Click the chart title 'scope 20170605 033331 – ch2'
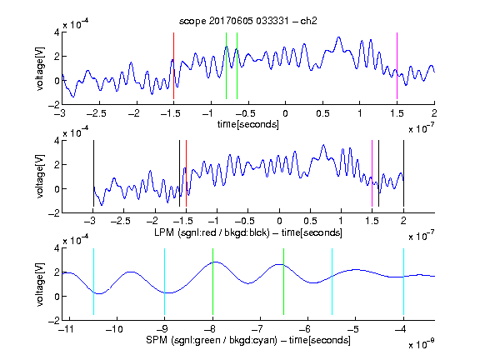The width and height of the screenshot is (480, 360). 248,21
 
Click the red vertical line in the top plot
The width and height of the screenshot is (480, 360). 173,66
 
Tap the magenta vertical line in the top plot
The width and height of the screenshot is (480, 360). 397,66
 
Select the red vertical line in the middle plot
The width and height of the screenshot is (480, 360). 186,173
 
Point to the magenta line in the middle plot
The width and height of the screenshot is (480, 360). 372,173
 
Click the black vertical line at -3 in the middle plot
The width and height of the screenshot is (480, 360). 93,173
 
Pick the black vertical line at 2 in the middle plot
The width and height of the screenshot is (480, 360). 403,173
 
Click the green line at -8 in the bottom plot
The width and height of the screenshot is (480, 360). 212,282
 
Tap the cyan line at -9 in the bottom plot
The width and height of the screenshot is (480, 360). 165,282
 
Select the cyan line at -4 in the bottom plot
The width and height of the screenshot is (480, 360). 403,282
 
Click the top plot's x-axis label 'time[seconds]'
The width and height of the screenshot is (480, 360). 248,124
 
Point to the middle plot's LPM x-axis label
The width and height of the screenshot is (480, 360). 248,232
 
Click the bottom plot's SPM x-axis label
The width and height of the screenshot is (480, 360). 248,340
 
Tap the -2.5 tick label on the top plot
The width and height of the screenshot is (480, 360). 96,114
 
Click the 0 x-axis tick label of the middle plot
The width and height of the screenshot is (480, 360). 279,221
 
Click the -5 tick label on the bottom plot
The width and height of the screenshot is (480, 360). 352,329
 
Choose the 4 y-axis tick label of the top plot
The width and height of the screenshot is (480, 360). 57,32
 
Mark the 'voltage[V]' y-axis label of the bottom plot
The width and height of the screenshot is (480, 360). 40,284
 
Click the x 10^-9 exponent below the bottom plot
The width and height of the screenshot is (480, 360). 422,344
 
